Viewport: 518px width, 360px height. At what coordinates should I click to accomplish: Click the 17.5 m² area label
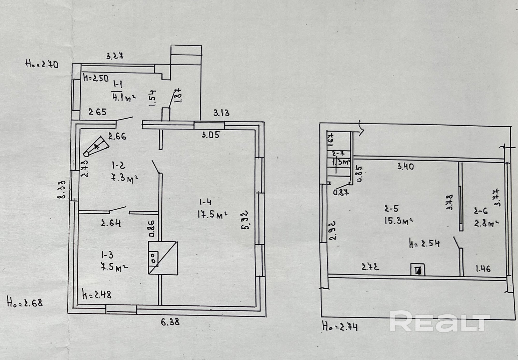[x=212, y=215]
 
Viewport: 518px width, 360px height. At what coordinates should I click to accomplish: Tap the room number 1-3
[x=107, y=255]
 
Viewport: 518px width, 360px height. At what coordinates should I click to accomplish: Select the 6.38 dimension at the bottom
[x=170, y=322]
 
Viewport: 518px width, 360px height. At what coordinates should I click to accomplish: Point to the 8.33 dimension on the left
[x=62, y=190]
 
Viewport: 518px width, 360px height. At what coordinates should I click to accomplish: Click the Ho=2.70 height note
[x=42, y=64]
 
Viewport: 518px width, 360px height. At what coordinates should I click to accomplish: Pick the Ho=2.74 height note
[x=340, y=326]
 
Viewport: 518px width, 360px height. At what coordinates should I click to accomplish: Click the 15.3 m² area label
[x=398, y=221]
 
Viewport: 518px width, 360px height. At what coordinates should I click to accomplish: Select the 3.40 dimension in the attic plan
[x=406, y=166]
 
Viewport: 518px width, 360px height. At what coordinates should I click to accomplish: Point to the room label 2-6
[x=481, y=211]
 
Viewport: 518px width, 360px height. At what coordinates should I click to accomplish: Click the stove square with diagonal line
[x=163, y=258]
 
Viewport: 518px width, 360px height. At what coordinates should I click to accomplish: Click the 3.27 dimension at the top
[x=115, y=56]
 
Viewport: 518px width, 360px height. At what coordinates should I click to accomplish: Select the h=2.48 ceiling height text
[x=97, y=295]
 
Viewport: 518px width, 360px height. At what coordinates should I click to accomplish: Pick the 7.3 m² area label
[x=124, y=178]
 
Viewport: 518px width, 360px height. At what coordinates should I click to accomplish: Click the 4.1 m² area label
[x=124, y=98]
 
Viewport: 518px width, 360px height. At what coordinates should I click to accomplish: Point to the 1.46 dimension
[x=483, y=268]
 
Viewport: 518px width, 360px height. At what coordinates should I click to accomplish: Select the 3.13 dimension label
[x=221, y=113]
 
